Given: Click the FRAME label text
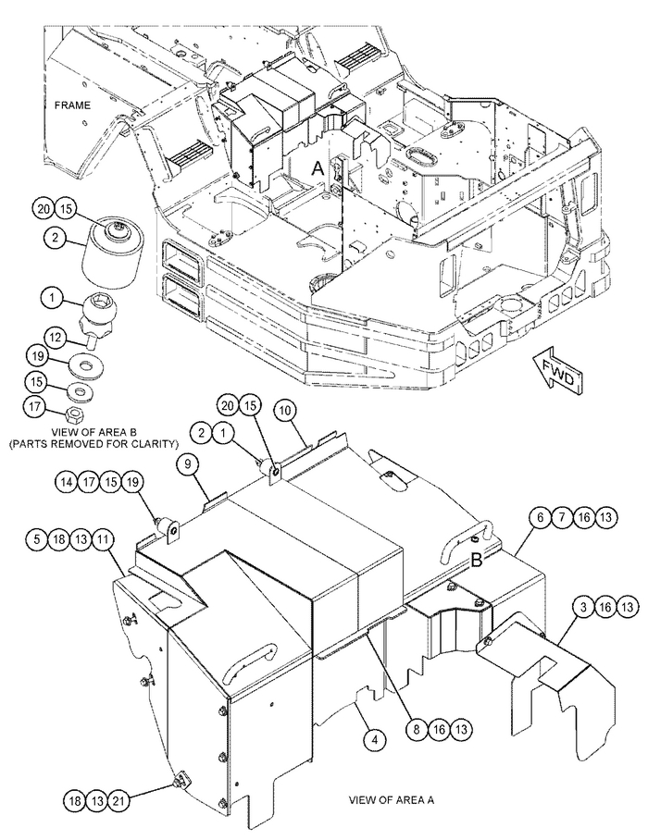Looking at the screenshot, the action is coord(72,105).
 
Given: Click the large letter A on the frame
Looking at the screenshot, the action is coord(318,168).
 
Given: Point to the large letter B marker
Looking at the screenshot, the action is coord(477,561).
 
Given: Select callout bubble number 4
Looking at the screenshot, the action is coord(375,740).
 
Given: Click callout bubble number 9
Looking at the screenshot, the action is coord(188,463).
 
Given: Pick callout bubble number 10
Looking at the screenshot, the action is coord(285,411).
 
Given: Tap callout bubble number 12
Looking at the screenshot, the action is coord(56,337).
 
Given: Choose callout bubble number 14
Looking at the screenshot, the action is coord(67,482).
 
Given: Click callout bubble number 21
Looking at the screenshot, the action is coord(119,801).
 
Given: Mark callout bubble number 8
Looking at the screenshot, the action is coord(417,729).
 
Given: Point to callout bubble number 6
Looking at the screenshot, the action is coord(541,517).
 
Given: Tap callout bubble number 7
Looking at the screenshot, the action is coord(562,517).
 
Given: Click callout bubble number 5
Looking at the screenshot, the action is coord(36,539).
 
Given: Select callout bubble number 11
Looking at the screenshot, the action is coord(103,539).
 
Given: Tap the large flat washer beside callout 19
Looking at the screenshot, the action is coord(84,367).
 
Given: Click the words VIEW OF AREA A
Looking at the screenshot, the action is coord(392,800).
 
